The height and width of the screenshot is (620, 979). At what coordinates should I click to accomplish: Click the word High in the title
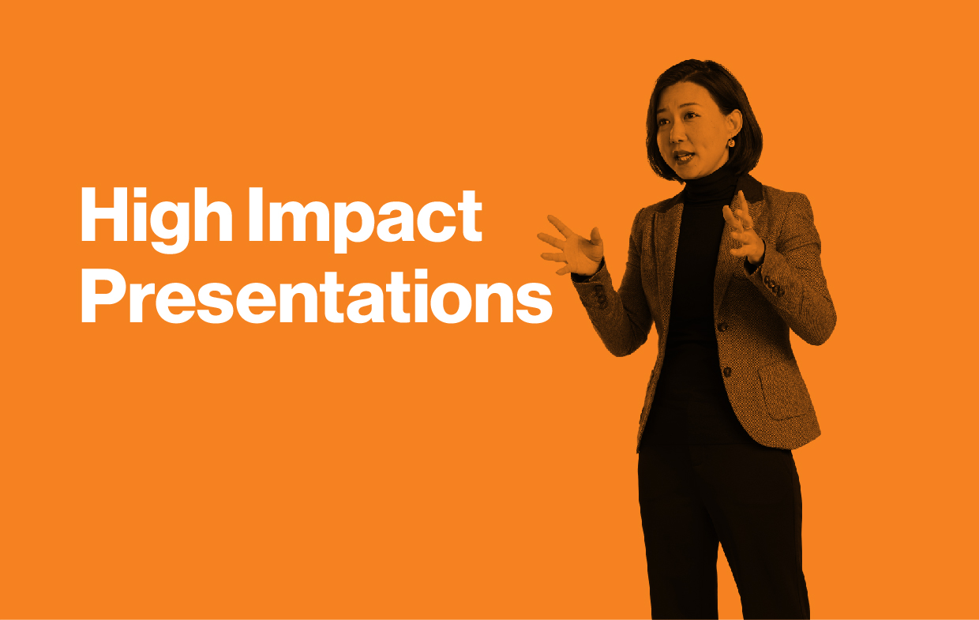click(x=156, y=220)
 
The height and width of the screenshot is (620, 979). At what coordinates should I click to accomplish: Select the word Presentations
click(x=317, y=296)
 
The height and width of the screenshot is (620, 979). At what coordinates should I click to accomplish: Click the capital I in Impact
click(x=256, y=214)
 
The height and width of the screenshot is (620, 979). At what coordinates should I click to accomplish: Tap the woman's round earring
click(x=731, y=143)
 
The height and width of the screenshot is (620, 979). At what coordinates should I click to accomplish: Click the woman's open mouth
click(x=683, y=156)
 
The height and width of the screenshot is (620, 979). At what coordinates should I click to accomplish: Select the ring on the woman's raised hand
click(x=747, y=227)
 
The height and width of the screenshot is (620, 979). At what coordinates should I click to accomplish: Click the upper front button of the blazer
click(x=722, y=327)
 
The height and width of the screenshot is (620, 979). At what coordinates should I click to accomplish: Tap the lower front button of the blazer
click(x=727, y=372)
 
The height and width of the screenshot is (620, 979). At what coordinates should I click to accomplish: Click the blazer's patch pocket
click(x=785, y=391)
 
